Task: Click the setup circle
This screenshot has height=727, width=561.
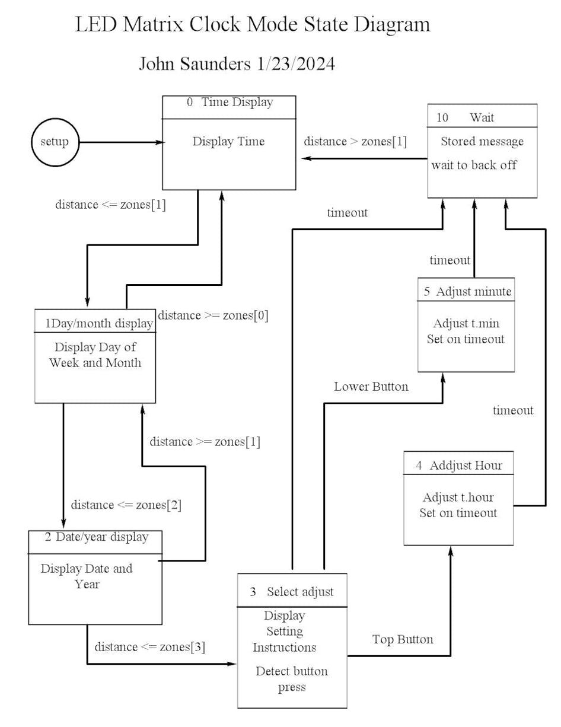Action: click(x=55, y=142)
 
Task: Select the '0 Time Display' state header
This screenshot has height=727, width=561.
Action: click(x=230, y=103)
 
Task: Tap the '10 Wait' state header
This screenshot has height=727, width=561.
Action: click(x=482, y=117)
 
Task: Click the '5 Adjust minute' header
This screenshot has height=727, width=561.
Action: click(x=467, y=292)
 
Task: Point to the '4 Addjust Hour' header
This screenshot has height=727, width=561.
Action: click(x=458, y=465)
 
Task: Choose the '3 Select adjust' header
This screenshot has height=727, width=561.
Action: click(x=292, y=592)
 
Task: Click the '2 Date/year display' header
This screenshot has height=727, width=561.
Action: click(x=96, y=537)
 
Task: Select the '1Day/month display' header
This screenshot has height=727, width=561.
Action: click(x=98, y=323)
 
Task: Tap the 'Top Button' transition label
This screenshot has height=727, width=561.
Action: click(x=403, y=639)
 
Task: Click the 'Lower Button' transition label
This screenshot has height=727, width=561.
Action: click(x=371, y=387)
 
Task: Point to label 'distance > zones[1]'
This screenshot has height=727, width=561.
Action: click(x=355, y=142)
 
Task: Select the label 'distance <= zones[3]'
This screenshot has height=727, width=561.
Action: click(x=150, y=647)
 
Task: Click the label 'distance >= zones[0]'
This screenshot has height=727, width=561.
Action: click(x=213, y=315)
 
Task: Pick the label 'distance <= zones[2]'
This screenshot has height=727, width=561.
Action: click(x=126, y=505)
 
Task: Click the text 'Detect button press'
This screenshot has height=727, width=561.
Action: click(x=292, y=679)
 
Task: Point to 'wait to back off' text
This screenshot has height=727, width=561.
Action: click(x=474, y=165)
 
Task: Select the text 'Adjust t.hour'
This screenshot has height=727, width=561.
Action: click(x=458, y=498)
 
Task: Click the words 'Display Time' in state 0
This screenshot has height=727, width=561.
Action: click(x=228, y=142)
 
